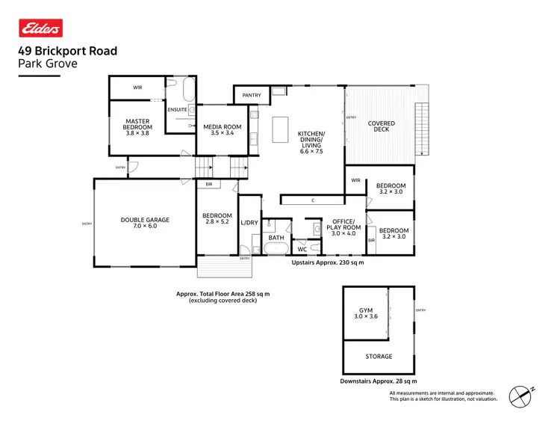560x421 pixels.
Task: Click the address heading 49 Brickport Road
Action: [x=67, y=52]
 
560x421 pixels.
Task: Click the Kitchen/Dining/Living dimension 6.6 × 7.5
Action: [x=311, y=150]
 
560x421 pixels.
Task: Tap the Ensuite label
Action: [x=177, y=109]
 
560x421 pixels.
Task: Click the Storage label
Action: [x=379, y=357]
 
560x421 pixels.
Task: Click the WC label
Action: [x=302, y=249]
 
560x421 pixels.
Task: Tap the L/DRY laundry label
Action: [x=249, y=223]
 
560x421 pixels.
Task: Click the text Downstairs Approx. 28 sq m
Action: [x=378, y=381]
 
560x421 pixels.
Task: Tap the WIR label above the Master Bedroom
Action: [x=137, y=87]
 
